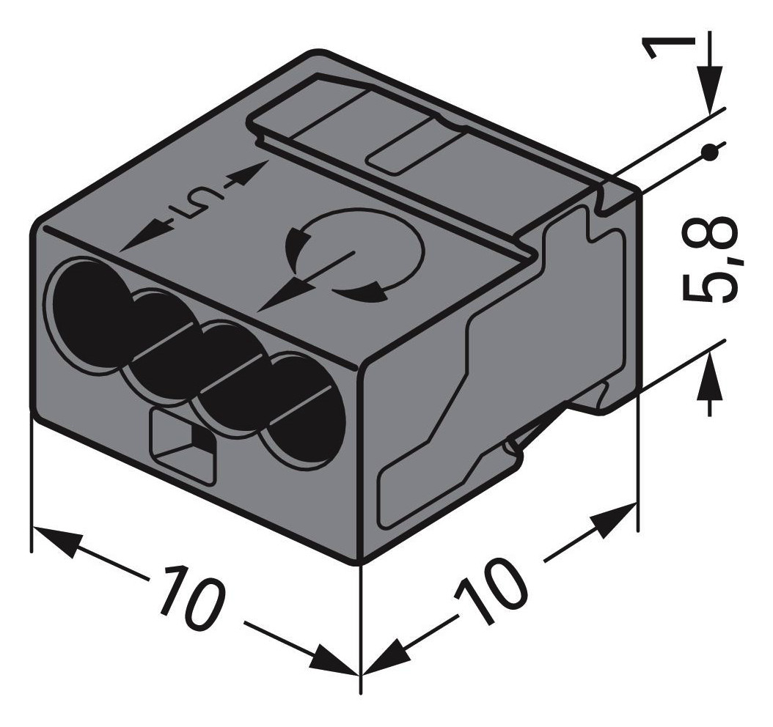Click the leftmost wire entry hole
[x=87, y=301]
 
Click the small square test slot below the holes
[x=183, y=444]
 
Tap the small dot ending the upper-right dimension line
[x=708, y=152]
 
